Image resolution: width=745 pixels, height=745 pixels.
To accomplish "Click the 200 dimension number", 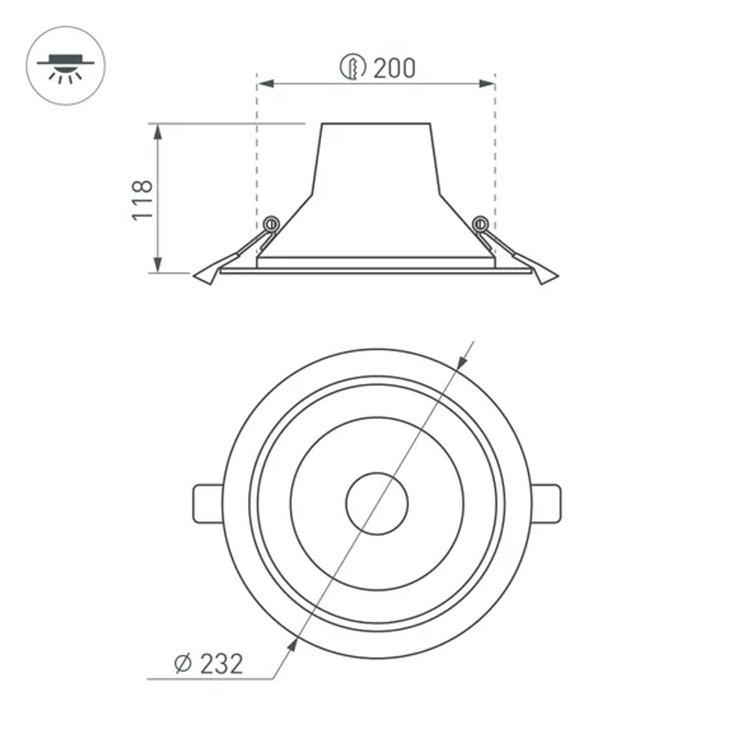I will (394, 69).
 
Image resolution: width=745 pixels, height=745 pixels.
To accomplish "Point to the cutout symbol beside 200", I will (354, 69).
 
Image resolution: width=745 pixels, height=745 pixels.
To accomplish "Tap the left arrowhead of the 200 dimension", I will (264, 84).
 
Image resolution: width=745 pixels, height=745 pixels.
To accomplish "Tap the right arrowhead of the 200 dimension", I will (487, 84).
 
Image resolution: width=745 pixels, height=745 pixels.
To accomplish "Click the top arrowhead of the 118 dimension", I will (157, 131).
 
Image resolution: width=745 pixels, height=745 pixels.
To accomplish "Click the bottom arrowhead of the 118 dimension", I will (157, 265).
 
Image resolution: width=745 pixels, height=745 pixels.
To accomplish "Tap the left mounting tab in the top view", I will (207, 504).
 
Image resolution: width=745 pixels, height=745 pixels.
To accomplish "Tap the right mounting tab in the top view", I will (546, 504).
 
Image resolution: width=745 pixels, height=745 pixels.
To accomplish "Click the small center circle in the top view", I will (377, 504).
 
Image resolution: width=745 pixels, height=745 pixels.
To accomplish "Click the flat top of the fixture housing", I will (376, 124).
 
